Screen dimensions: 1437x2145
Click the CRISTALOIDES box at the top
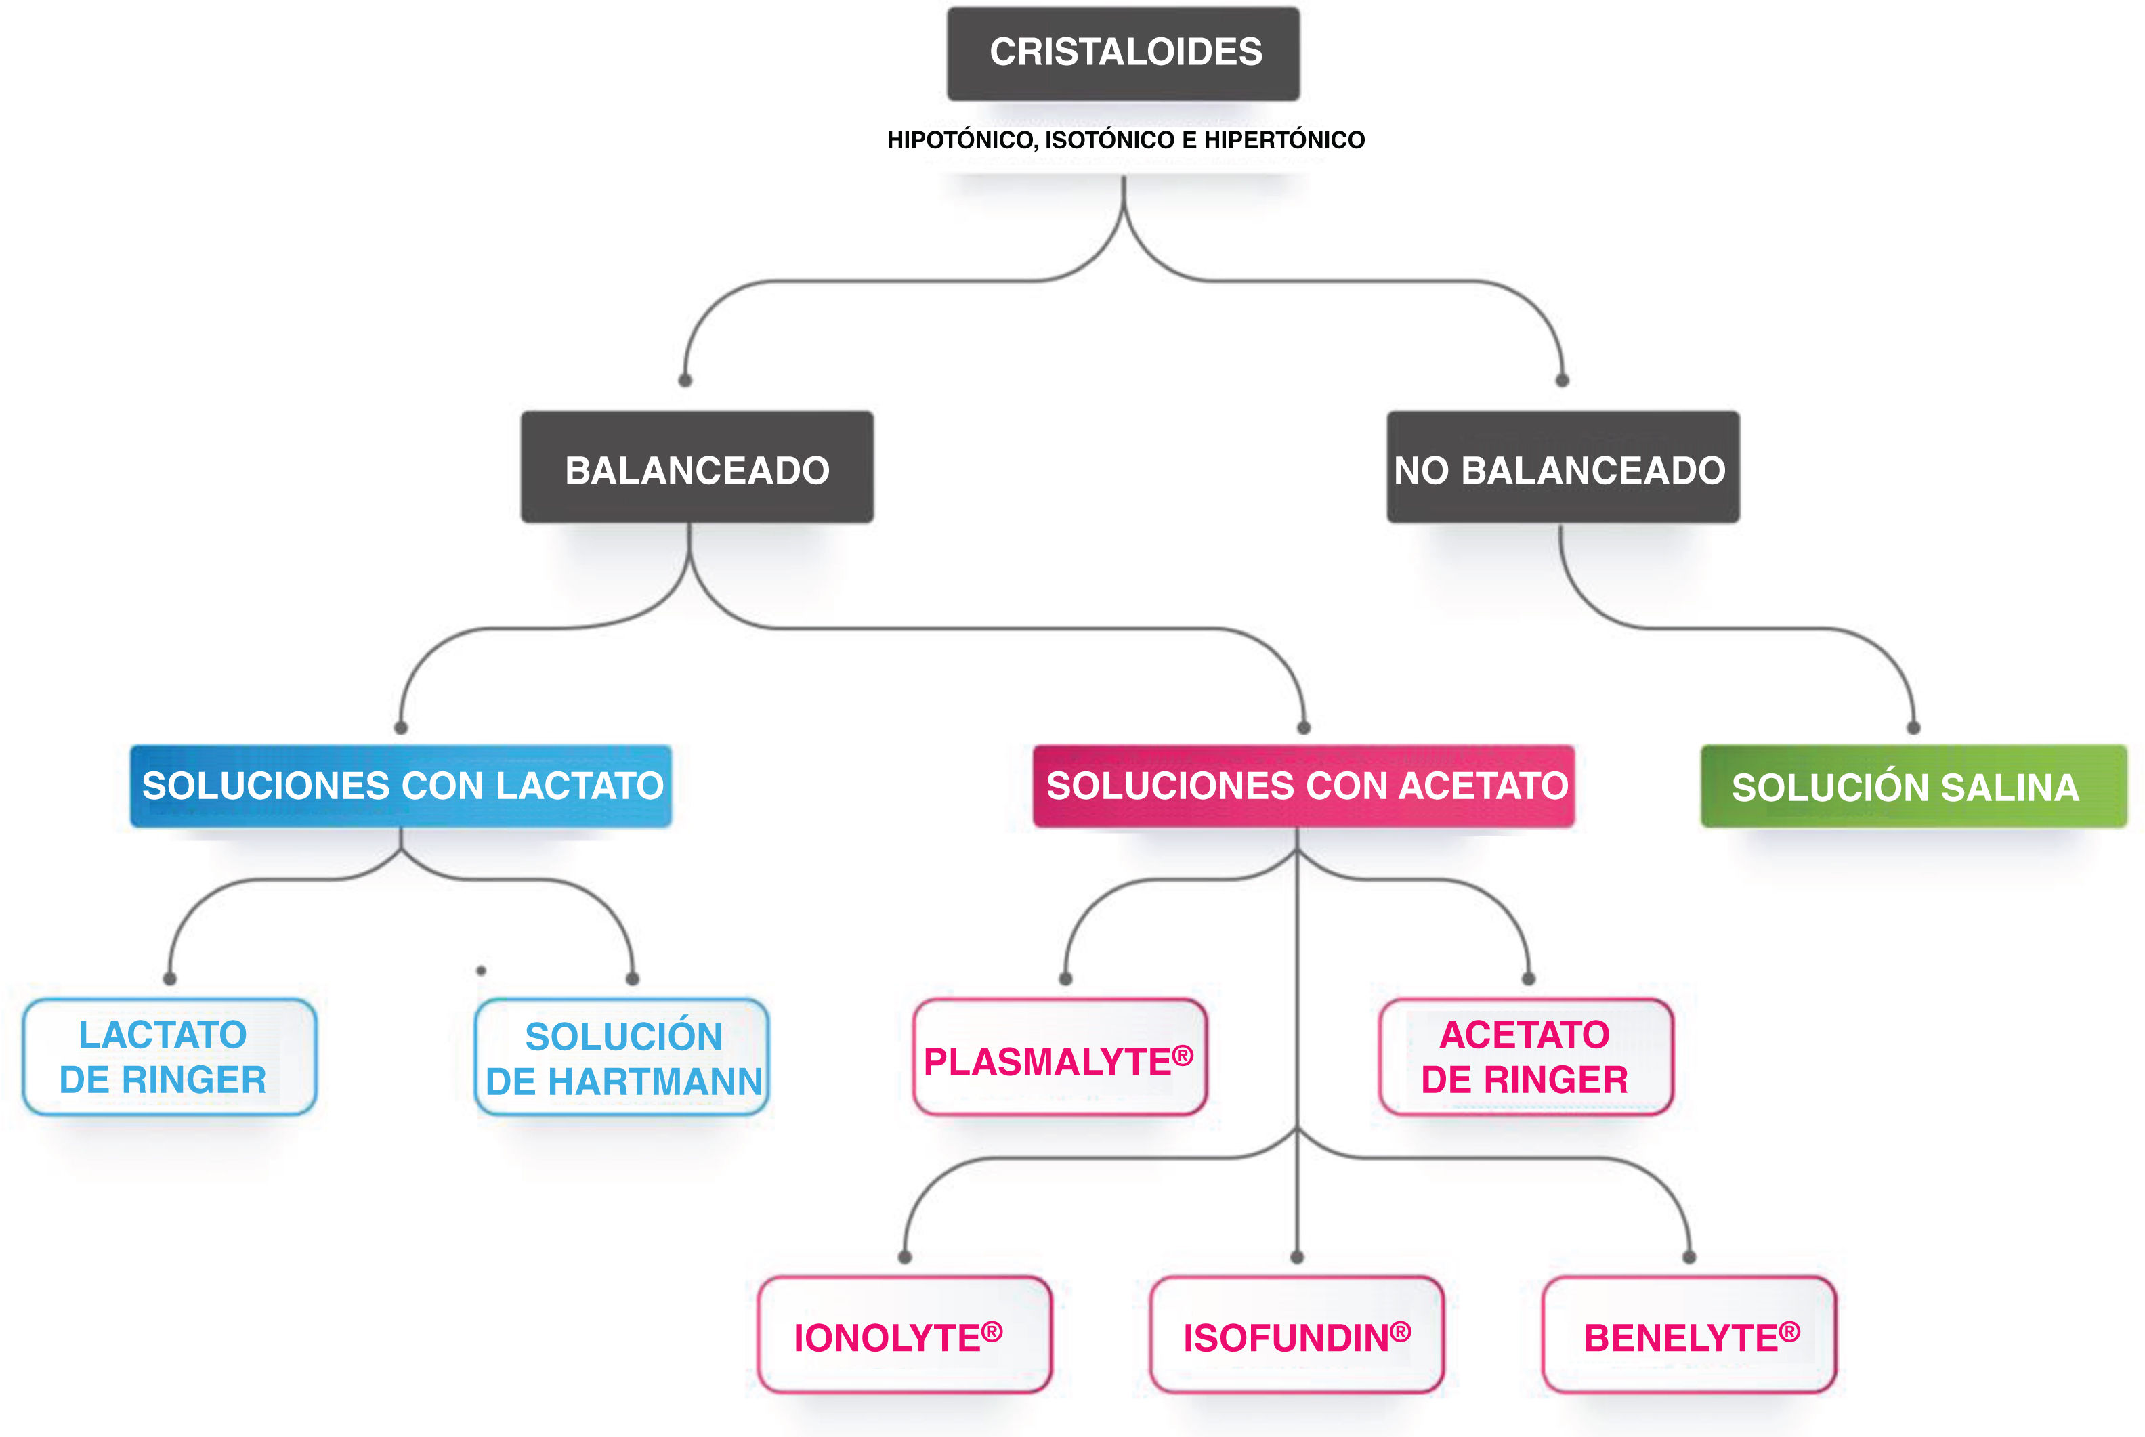pyautogui.click(x=1123, y=53)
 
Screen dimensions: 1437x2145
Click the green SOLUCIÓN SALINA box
pyautogui.click(x=1913, y=786)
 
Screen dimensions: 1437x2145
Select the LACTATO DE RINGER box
pyautogui.click(x=169, y=1056)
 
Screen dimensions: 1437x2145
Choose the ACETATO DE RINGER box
pyautogui.click(x=1525, y=1056)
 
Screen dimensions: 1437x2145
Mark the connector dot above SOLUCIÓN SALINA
pyautogui.click(x=1913, y=728)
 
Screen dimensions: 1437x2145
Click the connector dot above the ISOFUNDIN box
pyautogui.click(x=1296, y=1258)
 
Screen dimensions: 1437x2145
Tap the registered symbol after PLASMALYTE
pyautogui.click(x=1183, y=1055)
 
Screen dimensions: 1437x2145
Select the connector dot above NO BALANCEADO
pyautogui.click(x=1562, y=381)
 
